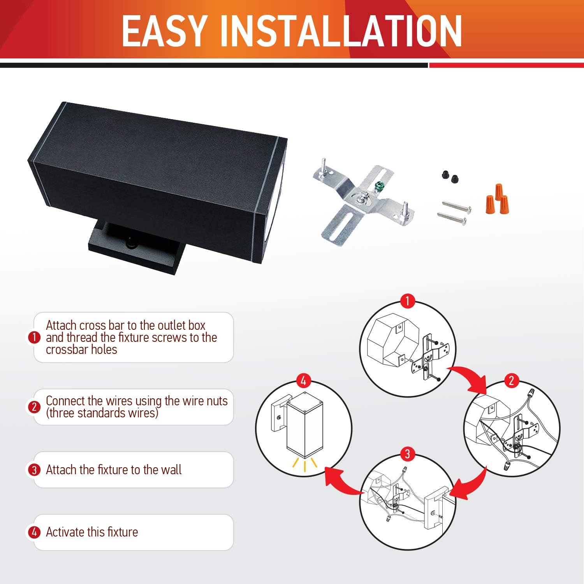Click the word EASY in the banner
pyautogui.click(x=164, y=31)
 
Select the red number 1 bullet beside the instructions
pyautogui.click(x=34, y=337)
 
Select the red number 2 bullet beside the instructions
pyautogui.click(x=34, y=407)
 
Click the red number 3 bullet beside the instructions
pyautogui.click(x=34, y=470)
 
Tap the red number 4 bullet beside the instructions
pyautogui.click(x=34, y=532)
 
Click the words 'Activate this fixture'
pyautogui.click(x=92, y=532)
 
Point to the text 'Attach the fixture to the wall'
pyautogui.click(x=114, y=470)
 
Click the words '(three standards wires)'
pyautogui.click(x=102, y=413)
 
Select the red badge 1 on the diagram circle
pyautogui.click(x=407, y=301)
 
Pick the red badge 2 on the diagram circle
pyautogui.click(x=512, y=380)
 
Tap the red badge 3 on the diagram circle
pyautogui.click(x=407, y=454)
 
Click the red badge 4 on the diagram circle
pyautogui.click(x=304, y=380)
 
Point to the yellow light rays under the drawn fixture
pyautogui.click(x=305, y=464)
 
